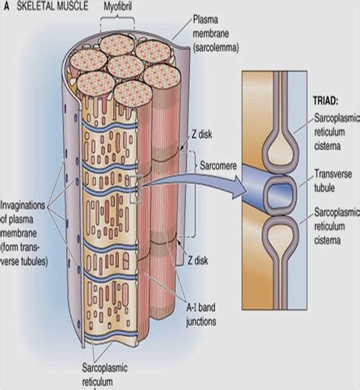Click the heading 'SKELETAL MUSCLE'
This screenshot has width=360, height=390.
[x=52, y=6]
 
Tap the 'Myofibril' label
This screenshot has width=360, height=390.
[x=118, y=7]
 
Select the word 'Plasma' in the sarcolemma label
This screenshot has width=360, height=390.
[x=205, y=20]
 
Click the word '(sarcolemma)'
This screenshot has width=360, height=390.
[x=216, y=48]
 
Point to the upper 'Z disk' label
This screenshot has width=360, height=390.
[x=202, y=134]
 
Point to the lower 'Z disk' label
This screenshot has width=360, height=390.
[x=198, y=261]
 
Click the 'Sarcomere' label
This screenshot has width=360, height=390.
[x=218, y=165]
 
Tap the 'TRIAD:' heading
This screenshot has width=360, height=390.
[x=326, y=101]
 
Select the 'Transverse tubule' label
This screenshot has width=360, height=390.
[x=333, y=181]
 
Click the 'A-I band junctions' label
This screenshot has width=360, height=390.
[x=201, y=314]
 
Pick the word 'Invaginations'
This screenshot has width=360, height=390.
[x=23, y=205]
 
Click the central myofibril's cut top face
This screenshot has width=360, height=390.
[x=125, y=66]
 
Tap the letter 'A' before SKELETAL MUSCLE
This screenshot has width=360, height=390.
[x=6, y=6]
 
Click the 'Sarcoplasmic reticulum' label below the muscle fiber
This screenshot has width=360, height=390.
[x=104, y=375]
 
